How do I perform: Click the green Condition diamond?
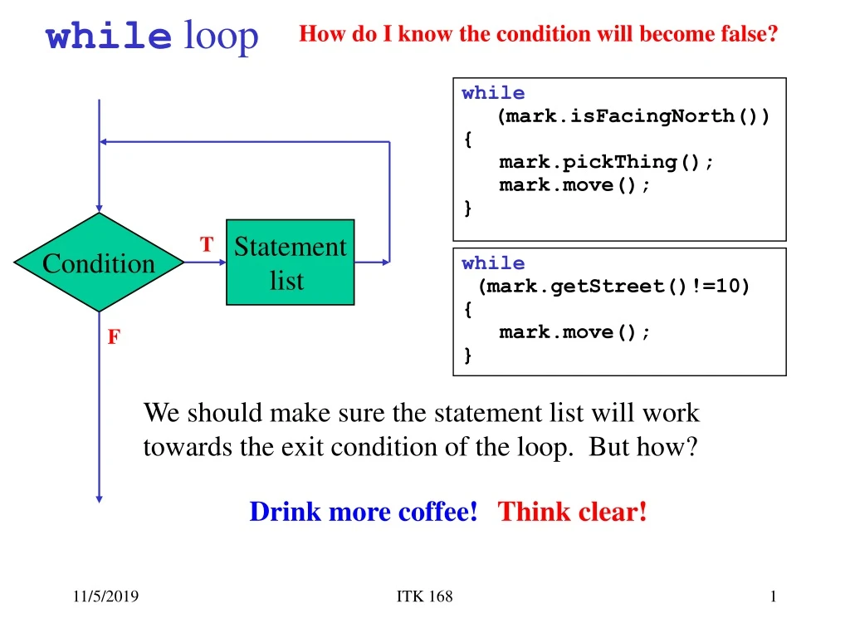[x=99, y=263]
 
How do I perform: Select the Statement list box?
[x=290, y=263]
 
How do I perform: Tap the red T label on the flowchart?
[x=207, y=245]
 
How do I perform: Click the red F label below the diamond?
[x=114, y=336]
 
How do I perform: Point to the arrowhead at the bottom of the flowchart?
[x=99, y=498]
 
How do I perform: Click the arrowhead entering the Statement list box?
[x=222, y=263]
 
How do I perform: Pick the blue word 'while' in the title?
[x=108, y=37]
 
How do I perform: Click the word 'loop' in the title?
[x=221, y=36]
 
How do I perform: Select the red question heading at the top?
[x=538, y=34]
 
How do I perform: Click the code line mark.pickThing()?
[x=606, y=162]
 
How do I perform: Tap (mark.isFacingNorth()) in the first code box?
[x=633, y=115]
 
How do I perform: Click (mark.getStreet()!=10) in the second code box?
[x=613, y=287]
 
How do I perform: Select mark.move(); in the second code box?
[x=574, y=332]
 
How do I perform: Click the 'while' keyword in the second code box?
[x=493, y=263]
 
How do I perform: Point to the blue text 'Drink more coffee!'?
[x=363, y=512]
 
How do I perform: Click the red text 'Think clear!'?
[x=572, y=512]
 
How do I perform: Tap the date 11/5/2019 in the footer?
[x=105, y=596]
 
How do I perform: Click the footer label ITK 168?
[x=424, y=596]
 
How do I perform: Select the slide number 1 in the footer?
[x=773, y=596]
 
